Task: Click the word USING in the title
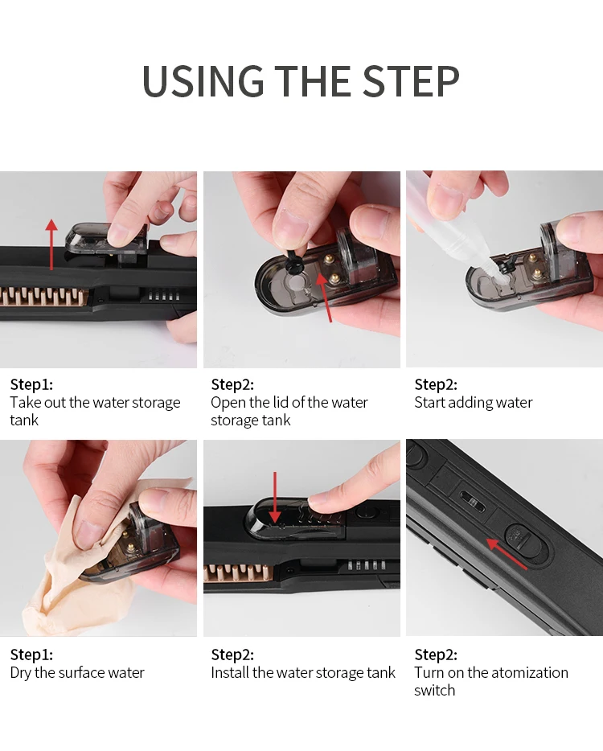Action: pyautogui.click(x=203, y=81)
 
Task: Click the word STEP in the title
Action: pyautogui.click(x=411, y=81)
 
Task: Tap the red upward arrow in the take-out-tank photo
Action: pyautogui.click(x=51, y=244)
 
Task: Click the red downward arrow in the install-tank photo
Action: pyautogui.click(x=274, y=497)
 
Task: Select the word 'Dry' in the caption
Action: pyautogui.click(x=20, y=672)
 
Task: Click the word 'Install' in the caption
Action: pyautogui.click(x=230, y=672)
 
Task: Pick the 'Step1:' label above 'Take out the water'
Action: pyautogui.click(x=31, y=384)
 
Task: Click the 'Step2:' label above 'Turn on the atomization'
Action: pyautogui.click(x=436, y=655)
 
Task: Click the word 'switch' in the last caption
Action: pyautogui.click(x=434, y=690)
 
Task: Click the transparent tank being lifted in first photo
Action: pyautogui.click(x=105, y=240)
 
